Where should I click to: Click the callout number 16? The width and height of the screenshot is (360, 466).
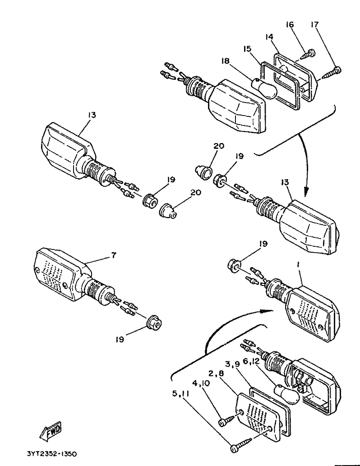[x=290, y=24]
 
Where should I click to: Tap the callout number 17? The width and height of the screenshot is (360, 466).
[x=314, y=24]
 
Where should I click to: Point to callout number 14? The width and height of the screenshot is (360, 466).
[x=269, y=37]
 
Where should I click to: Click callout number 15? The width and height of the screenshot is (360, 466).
[x=247, y=49]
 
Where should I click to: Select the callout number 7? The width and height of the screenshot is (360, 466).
[x=114, y=255]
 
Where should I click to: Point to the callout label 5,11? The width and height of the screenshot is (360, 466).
[x=181, y=394]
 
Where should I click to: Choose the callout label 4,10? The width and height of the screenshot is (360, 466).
[x=201, y=383]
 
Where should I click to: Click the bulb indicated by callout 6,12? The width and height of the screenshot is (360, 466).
[x=287, y=395]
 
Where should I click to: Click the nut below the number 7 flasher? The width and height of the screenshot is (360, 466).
[x=155, y=322]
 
